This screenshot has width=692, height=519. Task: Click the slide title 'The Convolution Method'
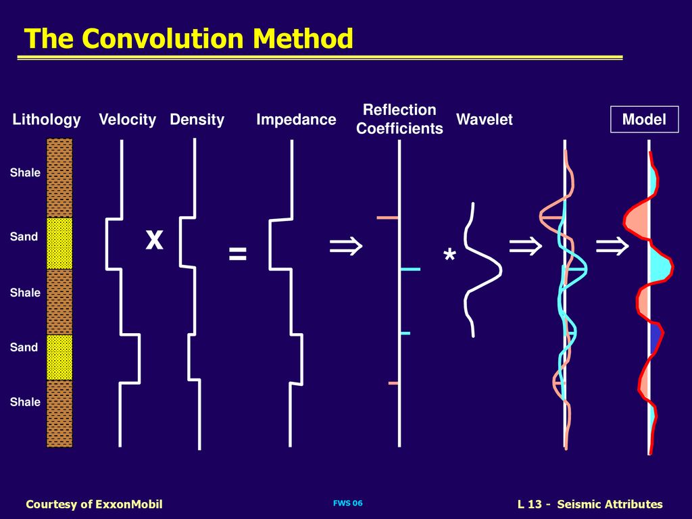tap(189, 39)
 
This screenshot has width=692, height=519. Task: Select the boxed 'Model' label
tap(644, 120)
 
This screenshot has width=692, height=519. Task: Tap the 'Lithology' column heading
tap(47, 120)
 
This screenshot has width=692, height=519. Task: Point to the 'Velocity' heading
tap(127, 120)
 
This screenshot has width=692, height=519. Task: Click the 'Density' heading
tap(197, 120)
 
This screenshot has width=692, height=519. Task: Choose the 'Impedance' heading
tap(296, 120)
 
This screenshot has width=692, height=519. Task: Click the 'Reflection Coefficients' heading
tap(399, 119)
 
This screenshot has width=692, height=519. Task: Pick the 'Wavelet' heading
tap(484, 120)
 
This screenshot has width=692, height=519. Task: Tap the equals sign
tap(237, 254)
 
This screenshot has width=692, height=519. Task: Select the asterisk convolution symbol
tap(449, 257)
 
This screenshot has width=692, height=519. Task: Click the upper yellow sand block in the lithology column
tap(59, 243)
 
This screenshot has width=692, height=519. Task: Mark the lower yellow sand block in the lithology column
tap(59, 357)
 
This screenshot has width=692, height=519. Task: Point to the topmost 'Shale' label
tap(25, 173)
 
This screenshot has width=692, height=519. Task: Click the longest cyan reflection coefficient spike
tap(410, 270)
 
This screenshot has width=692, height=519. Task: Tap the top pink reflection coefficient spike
tap(388, 218)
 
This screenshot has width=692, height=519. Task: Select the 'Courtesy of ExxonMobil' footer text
tap(94, 504)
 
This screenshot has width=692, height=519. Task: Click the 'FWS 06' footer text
tap(348, 503)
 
